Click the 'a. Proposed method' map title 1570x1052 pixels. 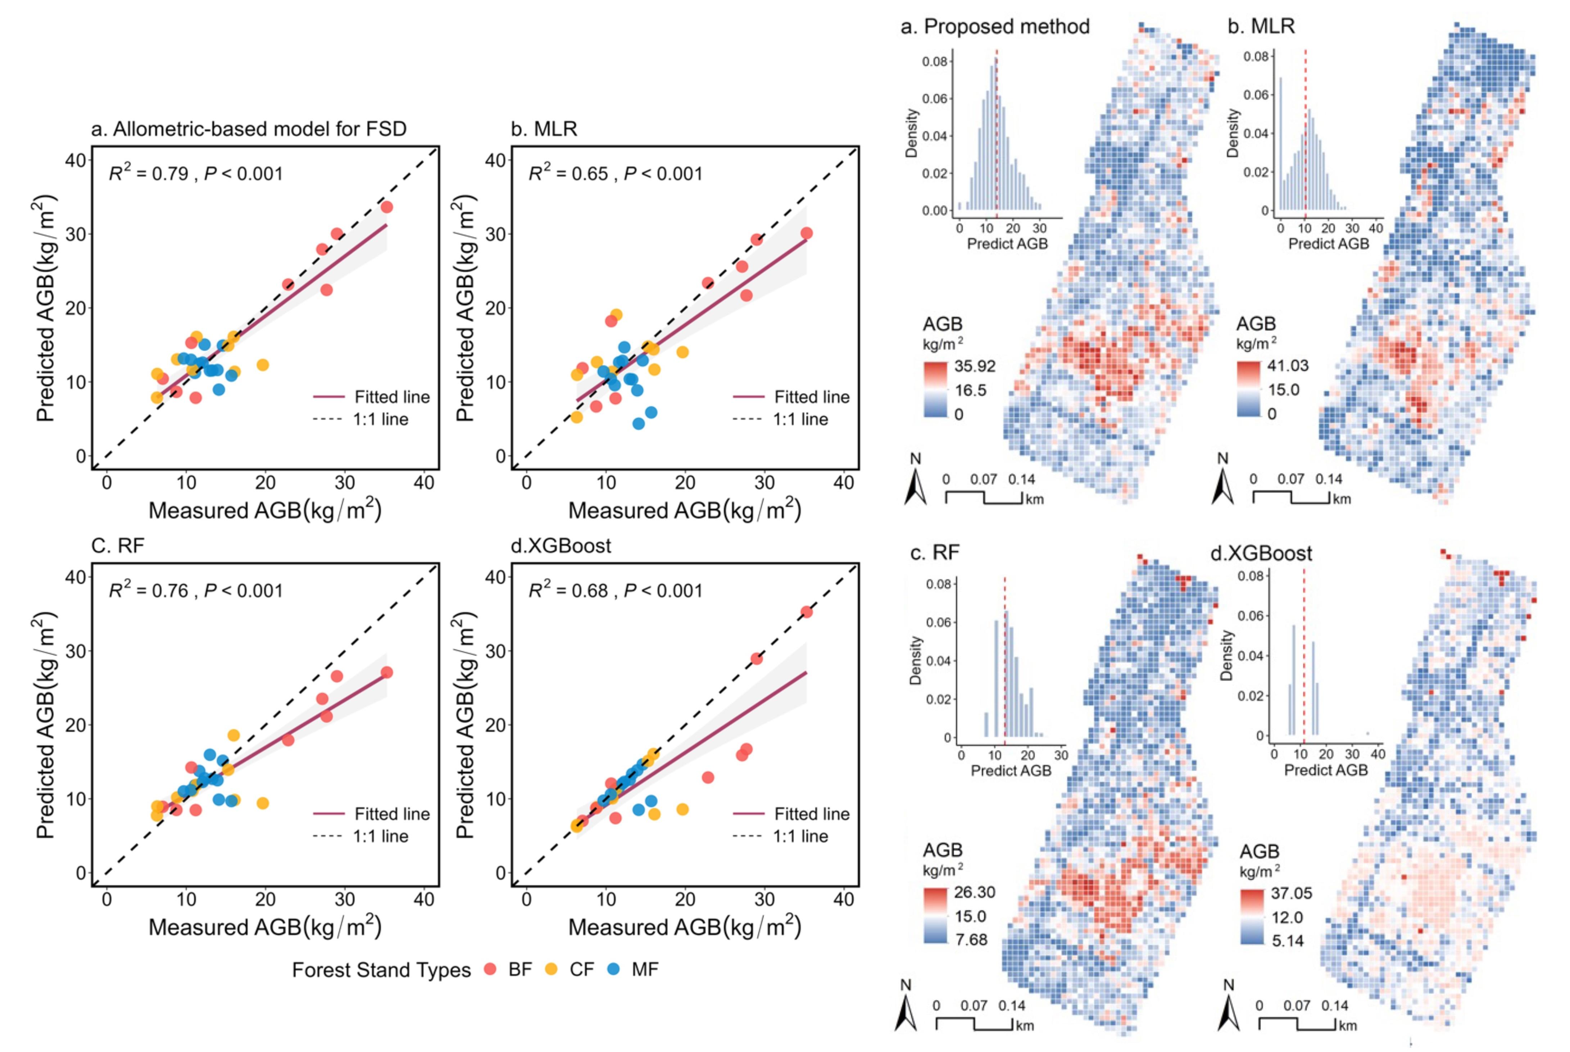click(995, 27)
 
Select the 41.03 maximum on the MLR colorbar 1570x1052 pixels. click(1288, 366)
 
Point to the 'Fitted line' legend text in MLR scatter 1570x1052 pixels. click(812, 397)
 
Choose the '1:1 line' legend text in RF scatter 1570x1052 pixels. click(380, 836)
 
